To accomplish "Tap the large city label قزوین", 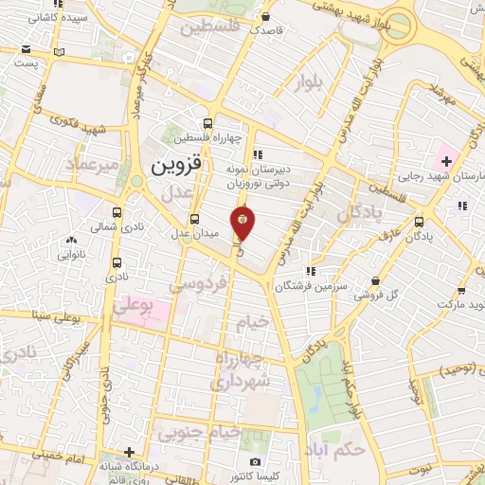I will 176,169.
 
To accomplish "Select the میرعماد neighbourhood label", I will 91,167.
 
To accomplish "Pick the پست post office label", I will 25,63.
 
